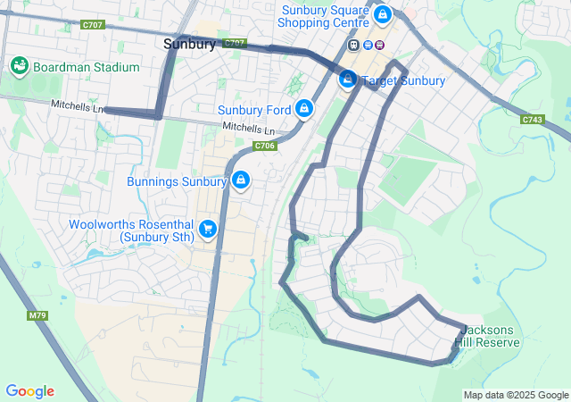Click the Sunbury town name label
(189, 44)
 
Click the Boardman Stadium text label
(86, 67)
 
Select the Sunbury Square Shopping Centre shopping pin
(382, 14)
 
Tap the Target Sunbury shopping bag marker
(348, 80)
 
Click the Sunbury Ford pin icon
(304, 108)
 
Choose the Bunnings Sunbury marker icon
(240, 181)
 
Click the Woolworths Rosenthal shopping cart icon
(208, 230)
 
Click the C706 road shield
(265, 146)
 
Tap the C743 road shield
(533, 119)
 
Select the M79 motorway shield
(37, 315)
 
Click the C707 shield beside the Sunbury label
(235, 43)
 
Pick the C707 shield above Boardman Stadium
(91, 25)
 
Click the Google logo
(29, 391)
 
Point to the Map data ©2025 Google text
(515, 395)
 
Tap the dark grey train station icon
(354, 46)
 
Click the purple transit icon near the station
(380, 46)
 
